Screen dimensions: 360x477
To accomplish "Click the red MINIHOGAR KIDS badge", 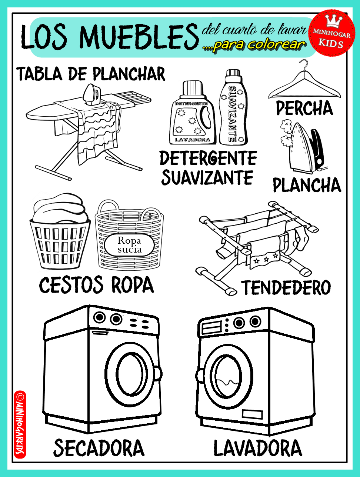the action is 332,33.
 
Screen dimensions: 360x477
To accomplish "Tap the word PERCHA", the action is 304,108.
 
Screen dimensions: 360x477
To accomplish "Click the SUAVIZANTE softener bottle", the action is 233,107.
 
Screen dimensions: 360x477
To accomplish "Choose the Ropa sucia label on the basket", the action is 130,245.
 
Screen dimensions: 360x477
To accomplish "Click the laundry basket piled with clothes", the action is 60,231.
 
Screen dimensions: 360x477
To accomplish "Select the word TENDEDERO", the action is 286,287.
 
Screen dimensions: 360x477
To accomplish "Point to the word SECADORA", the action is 99,448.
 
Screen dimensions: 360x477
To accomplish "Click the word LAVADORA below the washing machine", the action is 258,448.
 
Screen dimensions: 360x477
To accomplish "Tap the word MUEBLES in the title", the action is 139,37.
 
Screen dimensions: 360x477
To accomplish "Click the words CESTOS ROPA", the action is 96,285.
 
